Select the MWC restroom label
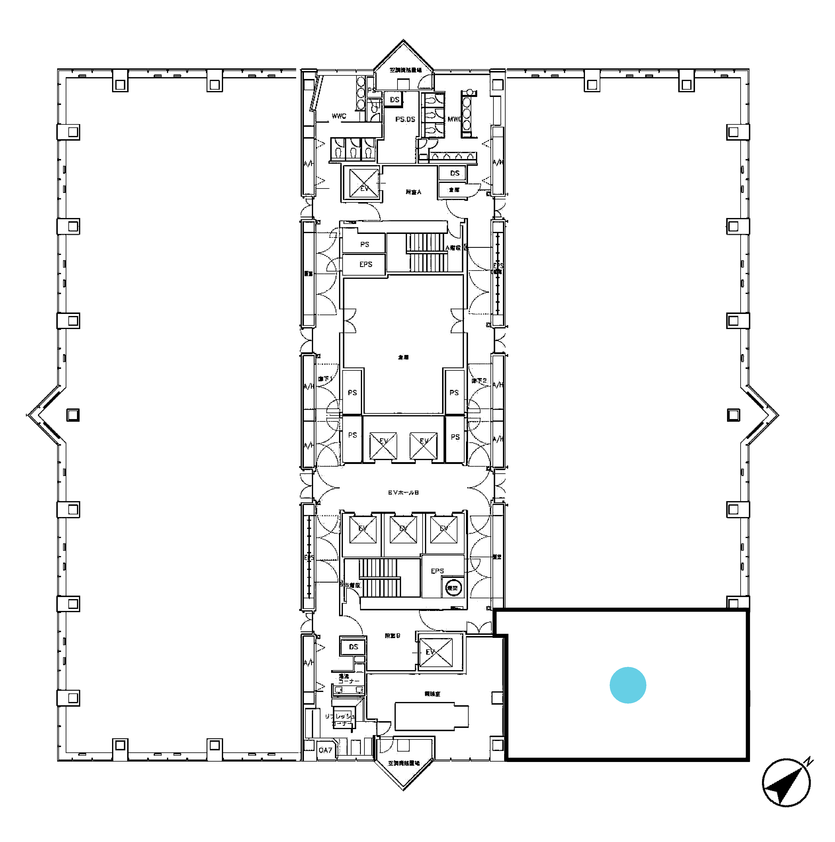[x=454, y=119]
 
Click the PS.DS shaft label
[x=405, y=119]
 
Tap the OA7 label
[x=325, y=750]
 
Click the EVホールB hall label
[x=403, y=493]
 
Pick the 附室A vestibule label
[x=413, y=192]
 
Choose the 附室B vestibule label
[x=392, y=636]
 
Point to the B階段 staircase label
[x=353, y=585]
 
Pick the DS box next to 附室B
[x=353, y=647]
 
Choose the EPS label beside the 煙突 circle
[x=437, y=571]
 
